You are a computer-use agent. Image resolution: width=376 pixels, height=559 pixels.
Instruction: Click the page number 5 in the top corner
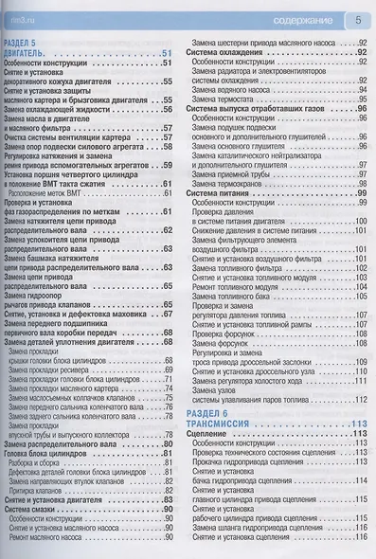359,17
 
